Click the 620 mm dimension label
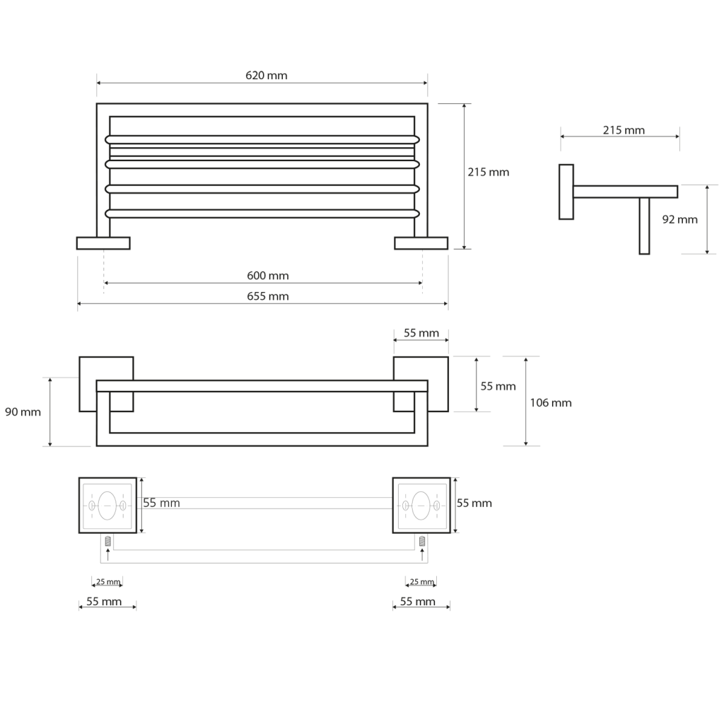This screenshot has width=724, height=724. click(x=267, y=76)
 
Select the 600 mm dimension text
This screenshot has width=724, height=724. click(x=267, y=276)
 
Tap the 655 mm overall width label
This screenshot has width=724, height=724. click(x=267, y=296)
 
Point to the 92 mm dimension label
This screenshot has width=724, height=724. click(x=679, y=219)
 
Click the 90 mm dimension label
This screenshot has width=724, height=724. click(x=23, y=411)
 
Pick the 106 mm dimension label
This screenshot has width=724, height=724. click(x=550, y=402)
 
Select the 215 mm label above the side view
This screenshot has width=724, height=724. click(x=624, y=130)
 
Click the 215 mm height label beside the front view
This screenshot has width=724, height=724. click(x=488, y=172)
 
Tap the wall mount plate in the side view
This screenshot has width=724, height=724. click(x=566, y=192)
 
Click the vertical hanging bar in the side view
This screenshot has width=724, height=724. click(x=644, y=226)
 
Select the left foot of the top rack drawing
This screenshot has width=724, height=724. click(x=103, y=243)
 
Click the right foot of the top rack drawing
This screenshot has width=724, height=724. click(x=421, y=243)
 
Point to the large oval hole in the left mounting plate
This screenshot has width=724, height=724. click(x=107, y=505)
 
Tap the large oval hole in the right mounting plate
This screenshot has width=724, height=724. click(x=421, y=505)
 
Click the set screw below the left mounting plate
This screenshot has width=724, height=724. click(x=107, y=541)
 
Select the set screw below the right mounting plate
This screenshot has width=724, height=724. click(x=422, y=541)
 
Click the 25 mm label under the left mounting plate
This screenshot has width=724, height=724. click(x=107, y=582)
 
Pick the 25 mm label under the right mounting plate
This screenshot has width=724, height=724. click(x=421, y=582)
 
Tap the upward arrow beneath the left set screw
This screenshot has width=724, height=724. click(x=107, y=555)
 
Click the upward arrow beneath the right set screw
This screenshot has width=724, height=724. click(x=422, y=555)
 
